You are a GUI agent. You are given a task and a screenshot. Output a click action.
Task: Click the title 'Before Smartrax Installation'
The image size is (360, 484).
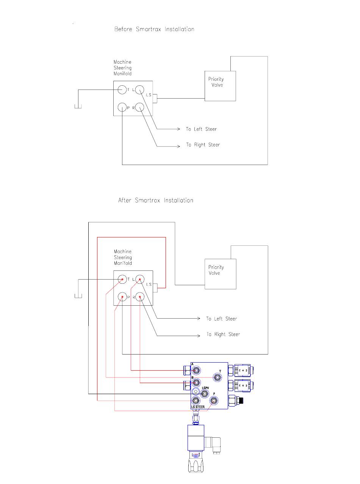(154, 29)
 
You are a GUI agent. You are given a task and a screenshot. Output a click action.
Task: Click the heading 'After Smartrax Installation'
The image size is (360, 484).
(156, 200)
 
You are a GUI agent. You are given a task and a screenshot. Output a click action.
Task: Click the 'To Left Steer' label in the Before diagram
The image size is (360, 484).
(201, 129)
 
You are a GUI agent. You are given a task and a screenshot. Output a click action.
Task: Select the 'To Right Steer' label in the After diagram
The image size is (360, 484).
(223, 334)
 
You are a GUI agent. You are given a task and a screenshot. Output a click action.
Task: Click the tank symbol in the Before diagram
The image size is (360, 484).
(78, 106)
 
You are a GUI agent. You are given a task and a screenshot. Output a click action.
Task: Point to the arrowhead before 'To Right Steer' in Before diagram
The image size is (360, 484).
(178, 146)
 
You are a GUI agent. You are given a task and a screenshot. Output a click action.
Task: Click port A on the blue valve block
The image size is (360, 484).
(196, 370)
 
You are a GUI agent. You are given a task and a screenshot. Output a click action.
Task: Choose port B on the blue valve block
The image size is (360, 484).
(196, 382)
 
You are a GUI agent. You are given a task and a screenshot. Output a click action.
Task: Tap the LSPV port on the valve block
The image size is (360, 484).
(204, 394)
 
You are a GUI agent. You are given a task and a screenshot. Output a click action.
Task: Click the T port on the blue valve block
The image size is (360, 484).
(217, 377)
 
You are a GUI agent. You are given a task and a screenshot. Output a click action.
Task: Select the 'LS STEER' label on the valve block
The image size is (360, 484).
(198, 407)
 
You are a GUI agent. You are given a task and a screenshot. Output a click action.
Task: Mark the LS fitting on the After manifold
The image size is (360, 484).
(155, 288)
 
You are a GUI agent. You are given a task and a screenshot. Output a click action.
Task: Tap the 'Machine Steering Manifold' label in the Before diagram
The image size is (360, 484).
(122, 68)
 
